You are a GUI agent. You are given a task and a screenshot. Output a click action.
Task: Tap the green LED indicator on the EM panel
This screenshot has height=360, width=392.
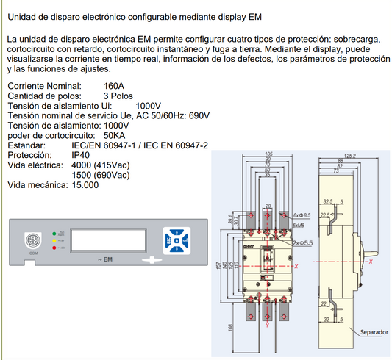[54, 234]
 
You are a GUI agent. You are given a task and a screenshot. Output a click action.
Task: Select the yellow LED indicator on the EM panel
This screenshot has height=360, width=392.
[54, 240]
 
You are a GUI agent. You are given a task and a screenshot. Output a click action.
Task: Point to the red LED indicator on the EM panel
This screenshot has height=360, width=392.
[54, 248]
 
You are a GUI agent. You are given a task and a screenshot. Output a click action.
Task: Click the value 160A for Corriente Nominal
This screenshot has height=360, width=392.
[115, 86]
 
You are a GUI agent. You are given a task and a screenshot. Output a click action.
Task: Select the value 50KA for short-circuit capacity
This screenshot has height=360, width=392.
[115, 136]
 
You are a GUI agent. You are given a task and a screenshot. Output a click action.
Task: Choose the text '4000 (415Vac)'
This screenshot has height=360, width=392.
[101, 166]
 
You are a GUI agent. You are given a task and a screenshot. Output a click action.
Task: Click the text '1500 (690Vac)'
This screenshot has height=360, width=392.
[101, 176]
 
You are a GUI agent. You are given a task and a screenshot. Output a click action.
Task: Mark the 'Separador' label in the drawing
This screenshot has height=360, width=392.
[374, 333]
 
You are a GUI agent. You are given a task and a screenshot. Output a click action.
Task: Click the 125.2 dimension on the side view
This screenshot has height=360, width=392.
[349, 156]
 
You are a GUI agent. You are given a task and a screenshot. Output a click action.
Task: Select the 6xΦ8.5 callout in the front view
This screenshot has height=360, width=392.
[302, 215]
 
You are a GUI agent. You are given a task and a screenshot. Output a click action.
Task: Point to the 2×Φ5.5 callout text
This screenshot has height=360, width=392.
[302, 242]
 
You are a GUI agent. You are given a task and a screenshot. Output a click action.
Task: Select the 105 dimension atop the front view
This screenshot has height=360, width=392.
[268, 154]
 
